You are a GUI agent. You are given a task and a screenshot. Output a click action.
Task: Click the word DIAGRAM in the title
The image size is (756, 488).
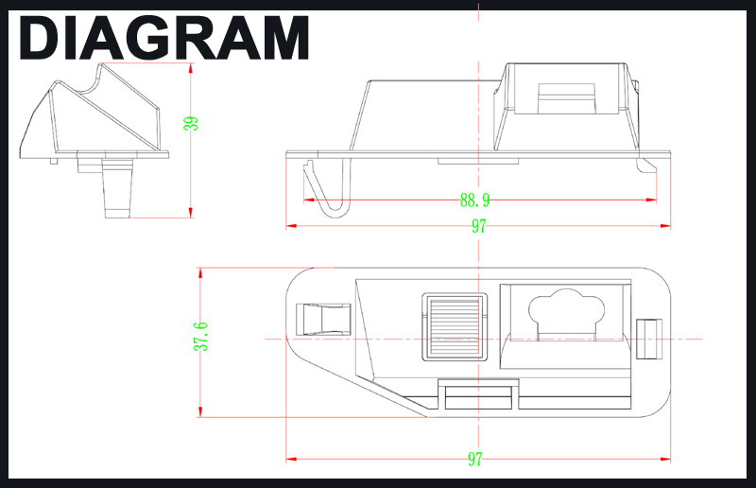pyautogui.click(x=163, y=38)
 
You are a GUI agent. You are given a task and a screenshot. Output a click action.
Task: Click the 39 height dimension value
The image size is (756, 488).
pyautogui.click(x=191, y=124)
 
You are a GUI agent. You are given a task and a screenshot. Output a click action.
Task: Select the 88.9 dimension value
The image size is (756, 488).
pyautogui.click(x=475, y=200)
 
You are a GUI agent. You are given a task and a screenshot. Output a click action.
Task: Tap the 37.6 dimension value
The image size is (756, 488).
pyautogui.click(x=200, y=337)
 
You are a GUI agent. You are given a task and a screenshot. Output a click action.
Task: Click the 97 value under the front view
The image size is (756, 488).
pyautogui.click(x=479, y=226)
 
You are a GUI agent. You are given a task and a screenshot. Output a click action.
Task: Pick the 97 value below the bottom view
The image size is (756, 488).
pyautogui.click(x=475, y=459)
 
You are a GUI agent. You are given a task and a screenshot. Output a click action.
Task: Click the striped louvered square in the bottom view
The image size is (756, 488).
pyautogui.click(x=455, y=327)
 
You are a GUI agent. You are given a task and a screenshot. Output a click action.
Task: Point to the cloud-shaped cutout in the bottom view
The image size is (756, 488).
pyautogui.click(x=566, y=313)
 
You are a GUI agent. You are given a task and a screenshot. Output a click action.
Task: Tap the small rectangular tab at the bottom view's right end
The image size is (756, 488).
pyautogui.click(x=649, y=339)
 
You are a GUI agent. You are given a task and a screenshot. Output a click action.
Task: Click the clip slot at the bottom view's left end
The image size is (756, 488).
pyautogui.click(x=323, y=320)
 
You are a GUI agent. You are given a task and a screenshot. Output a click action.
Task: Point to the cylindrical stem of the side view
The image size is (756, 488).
pyautogui.click(x=117, y=189)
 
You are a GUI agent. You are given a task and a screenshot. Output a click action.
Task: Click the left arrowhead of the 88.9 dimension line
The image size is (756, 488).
pyautogui.click(x=309, y=200)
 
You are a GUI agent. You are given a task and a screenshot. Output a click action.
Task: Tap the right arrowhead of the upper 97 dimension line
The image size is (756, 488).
pyautogui.click(x=665, y=226)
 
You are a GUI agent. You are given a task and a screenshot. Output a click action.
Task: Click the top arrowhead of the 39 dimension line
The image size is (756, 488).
pyautogui.click(x=191, y=68)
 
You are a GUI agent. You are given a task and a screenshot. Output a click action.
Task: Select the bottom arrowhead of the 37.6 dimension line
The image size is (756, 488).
pyautogui.click(x=200, y=411)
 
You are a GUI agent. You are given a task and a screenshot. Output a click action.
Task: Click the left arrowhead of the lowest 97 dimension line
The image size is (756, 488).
pyautogui.click(x=291, y=459)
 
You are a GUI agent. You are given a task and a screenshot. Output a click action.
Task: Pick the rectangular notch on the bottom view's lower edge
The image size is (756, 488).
pyautogui.click(x=478, y=394)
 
